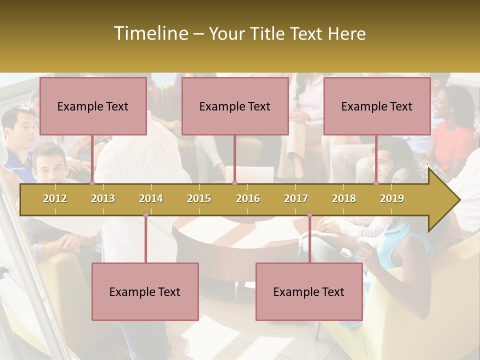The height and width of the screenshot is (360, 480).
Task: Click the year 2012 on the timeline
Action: coord(55,198)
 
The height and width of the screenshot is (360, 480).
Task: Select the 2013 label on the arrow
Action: coord(103,198)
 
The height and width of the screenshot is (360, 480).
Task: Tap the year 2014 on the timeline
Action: coord(151,198)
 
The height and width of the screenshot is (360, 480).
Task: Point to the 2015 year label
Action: coord(199,198)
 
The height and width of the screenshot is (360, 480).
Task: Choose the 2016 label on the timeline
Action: coord(248,198)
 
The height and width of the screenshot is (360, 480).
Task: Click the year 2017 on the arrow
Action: coord(296,198)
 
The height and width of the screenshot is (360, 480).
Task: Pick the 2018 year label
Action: coord(344,198)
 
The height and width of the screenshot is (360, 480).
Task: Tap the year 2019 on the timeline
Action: coord(392,198)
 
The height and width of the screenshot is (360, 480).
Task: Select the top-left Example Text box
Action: coord(93,106)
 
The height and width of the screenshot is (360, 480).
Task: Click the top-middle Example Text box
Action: coord(235,106)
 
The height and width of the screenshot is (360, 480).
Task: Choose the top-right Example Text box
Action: coord(377,106)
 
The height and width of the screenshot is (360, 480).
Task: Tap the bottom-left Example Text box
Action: coord(145,291)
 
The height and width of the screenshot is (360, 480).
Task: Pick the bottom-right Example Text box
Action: coord(309,291)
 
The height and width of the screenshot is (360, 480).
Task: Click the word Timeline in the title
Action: coord(150,33)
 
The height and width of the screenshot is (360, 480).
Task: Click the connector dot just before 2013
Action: coord(92,183)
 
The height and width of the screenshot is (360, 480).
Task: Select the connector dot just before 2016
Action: coord(234,183)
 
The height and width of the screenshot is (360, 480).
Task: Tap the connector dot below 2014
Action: coord(145,215)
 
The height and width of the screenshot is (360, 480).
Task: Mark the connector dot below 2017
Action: coord(309,215)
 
